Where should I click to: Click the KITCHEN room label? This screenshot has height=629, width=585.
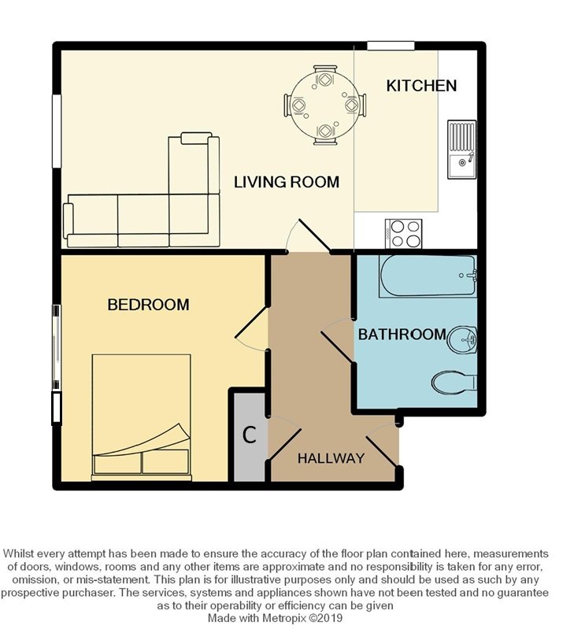(421, 86)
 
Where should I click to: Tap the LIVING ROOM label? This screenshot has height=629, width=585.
(287, 182)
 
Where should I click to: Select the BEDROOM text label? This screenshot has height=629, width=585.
(149, 305)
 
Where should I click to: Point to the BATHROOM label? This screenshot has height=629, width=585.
(402, 334)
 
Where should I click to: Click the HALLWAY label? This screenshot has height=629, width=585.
(331, 458)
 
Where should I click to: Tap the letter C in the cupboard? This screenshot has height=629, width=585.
(250, 435)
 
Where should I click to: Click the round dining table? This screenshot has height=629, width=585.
(324, 105)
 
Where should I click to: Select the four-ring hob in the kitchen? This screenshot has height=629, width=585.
(403, 234)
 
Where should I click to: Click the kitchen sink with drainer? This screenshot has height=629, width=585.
(462, 150)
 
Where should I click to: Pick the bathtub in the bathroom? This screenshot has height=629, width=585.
(428, 276)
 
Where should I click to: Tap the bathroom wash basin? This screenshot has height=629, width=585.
(462, 340)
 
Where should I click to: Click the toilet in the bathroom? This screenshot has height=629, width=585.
(454, 383)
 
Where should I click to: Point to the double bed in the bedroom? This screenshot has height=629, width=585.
(141, 417)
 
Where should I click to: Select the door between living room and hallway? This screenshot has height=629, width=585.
(309, 237)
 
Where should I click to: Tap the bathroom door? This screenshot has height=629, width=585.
(338, 339)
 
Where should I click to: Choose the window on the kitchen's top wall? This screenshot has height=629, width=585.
(391, 46)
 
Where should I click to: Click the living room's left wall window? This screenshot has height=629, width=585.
(57, 131)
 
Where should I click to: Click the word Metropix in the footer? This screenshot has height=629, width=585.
(280, 618)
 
